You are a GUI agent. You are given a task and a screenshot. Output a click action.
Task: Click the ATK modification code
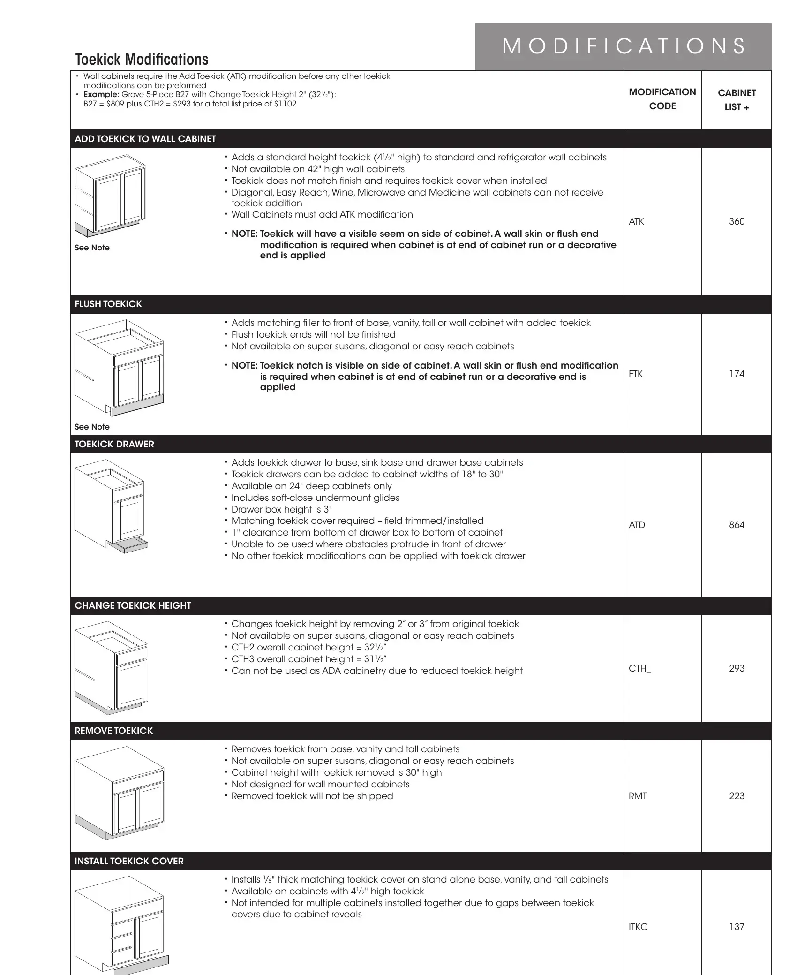pyautogui.click(x=636, y=221)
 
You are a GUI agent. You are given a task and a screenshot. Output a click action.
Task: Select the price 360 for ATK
pyautogui.click(x=737, y=221)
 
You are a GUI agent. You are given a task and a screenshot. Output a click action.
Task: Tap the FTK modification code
pyautogui.click(x=636, y=374)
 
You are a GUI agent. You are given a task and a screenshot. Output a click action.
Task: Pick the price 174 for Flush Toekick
pyautogui.click(x=737, y=374)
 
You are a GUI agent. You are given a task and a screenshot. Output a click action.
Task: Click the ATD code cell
pyautogui.click(x=637, y=525)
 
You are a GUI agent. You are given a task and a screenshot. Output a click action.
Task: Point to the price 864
pyautogui.click(x=737, y=525)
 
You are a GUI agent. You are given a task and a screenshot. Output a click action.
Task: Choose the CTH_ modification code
pyautogui.click(x=639, y=668)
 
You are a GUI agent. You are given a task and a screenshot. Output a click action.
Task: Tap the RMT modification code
pyautogui.click(x=638, y=796)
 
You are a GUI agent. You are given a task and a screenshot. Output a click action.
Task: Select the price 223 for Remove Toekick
pyautogui.click(x=737, y=796)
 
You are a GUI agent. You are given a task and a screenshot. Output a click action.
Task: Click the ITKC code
pyautogui.click(x=638, y=927)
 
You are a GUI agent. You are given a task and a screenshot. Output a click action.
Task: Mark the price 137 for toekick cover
pyautogui.click(x=737, y=927)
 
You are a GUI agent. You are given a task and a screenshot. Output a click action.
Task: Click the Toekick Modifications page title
pyautogui.click(x=142, y=60)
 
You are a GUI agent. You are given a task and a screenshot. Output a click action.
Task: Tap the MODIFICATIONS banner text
pyautogui.click(x=624, y=46)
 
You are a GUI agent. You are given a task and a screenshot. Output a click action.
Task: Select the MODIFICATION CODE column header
pyautogui.click(x=662, y=99)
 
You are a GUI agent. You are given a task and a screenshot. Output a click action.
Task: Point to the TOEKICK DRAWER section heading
pyautogui.click(x=114, y=444)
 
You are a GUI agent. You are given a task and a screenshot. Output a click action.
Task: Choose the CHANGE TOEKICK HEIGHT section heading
pyautogui.click(x=133, y=605)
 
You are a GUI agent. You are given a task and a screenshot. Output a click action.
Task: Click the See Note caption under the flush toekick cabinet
pyautogui.click(x=92, y=427)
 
